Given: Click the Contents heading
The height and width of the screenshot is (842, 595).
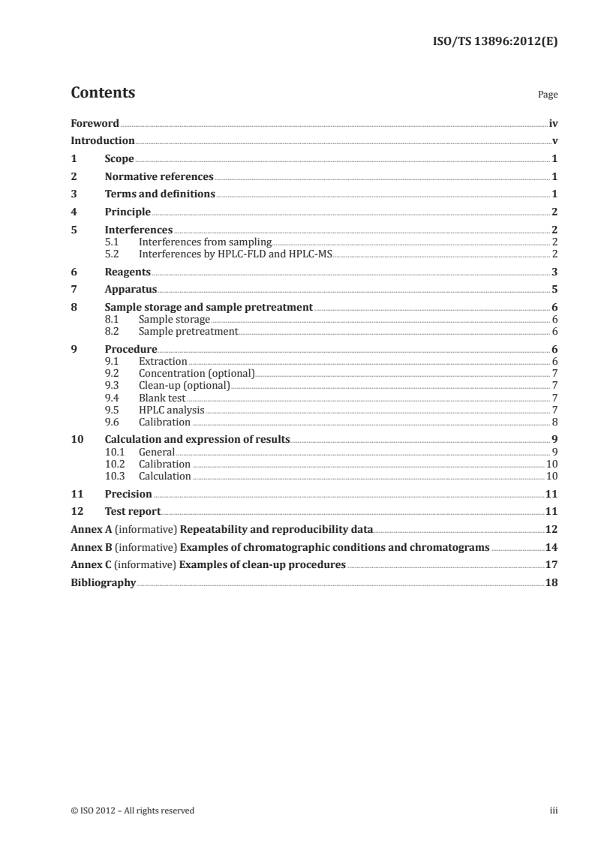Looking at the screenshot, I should tap(103, 93).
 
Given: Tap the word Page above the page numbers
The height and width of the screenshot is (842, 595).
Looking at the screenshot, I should tap(548, 95).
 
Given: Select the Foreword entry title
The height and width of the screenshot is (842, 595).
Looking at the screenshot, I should tap(95, 123).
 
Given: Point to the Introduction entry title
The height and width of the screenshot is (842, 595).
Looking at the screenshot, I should tap(103, 141).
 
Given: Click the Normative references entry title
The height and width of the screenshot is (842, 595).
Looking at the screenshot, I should tap(159, 177).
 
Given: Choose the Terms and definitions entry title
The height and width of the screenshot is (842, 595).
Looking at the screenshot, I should tap(160, 194).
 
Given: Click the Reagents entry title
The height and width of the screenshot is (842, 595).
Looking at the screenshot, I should tap(128, 272).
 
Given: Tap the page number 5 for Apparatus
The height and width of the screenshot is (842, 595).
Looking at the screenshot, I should tap(554, 290).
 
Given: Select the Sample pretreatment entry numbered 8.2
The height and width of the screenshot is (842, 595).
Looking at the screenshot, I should tap(188, 331).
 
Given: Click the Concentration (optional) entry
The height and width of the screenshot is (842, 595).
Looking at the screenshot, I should tap(197, 373).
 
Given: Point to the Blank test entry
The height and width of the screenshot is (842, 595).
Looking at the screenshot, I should tap(161, 398).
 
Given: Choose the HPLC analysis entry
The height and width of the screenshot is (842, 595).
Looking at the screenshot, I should tap(171, 410).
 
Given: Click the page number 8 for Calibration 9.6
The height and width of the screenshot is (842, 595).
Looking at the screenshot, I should tap(554, 422).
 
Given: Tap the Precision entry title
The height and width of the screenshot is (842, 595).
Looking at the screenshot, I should tap(128, 494).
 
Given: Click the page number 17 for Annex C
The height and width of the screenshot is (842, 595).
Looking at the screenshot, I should tap(551, 564).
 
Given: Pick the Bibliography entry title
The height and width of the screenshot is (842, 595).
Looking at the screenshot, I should tap(103, 582).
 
